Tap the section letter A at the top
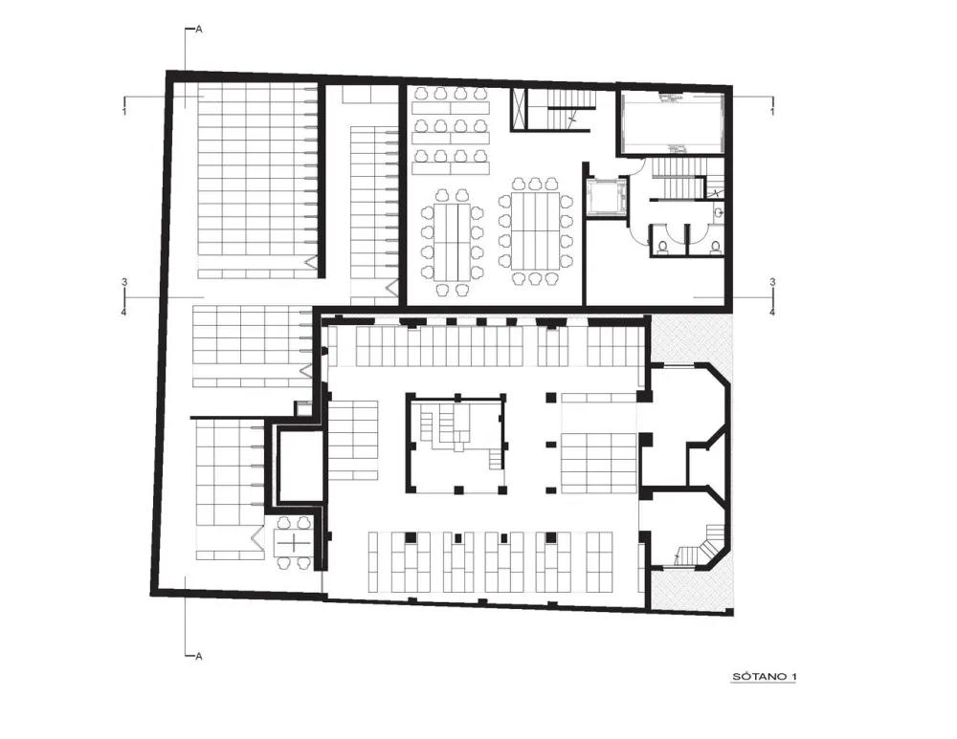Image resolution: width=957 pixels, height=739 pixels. click(198, 30)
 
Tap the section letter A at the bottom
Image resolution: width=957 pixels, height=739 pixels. click(198, 657)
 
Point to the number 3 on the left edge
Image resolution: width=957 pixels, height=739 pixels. click(124, 282)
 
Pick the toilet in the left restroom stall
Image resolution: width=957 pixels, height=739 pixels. click(662, 247)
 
